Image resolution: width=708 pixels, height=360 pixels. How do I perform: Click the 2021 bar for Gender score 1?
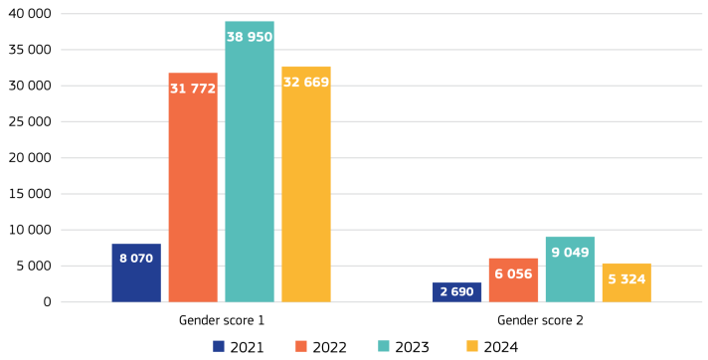pyautogui.click(x=136, y=272)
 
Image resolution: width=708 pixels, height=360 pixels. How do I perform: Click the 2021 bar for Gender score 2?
pyautogui.click(x=456, y=291)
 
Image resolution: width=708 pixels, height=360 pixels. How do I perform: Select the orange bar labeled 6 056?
pyautogui.click(x=513, y=279)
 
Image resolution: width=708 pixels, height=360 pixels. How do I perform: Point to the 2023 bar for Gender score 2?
pyautogui.click(x=570, y=269)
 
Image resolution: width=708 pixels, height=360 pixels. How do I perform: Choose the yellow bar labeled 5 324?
pyautogui.click(x=626, y=282)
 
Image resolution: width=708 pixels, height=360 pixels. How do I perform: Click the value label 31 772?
pyautogui.click(x=193, y=89)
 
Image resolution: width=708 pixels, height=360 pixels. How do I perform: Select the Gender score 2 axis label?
pyautogui.click(x=541, y=320)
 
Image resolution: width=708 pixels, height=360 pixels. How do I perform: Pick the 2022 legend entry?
pyautogui.click(x=322, y=346)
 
